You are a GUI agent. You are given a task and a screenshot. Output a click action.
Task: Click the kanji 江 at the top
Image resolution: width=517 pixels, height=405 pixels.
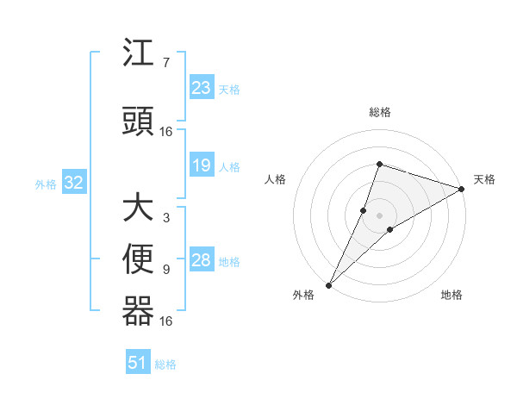click(x=138, y=54)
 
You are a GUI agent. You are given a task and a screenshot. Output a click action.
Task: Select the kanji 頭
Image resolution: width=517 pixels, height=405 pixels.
click(x=138, y=121)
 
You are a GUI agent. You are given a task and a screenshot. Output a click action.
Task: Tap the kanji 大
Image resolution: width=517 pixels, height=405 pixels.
click(x=138, y=209)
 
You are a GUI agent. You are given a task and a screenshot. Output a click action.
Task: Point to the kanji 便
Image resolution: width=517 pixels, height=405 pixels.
click(x=138, y=259)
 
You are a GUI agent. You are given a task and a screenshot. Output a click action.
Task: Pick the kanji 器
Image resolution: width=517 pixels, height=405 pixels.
click(x=138, y=311)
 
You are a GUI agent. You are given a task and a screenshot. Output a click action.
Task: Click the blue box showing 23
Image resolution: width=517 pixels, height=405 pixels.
click(x=202, y=87)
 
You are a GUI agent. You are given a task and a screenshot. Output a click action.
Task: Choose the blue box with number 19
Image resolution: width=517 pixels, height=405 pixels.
click(x=202, y=166)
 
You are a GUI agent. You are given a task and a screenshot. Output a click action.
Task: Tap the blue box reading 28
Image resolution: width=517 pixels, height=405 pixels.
click(x=202, y=261)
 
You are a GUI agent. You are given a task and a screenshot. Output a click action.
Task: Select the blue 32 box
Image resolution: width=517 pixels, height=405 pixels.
click(x=73, y=183)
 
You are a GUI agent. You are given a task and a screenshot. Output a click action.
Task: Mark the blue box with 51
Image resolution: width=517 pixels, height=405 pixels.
click(x=138, y=363)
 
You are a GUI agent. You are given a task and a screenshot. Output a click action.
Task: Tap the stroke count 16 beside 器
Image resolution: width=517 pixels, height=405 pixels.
click(x=166, y=321)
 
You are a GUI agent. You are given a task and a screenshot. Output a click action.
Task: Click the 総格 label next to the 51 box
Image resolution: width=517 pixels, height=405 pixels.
click(x=165, y=364)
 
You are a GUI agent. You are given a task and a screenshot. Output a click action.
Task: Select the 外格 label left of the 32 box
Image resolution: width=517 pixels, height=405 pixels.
click(x=46, y=184)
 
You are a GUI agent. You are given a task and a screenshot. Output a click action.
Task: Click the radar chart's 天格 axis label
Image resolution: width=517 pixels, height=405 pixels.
click(x=484, y=179)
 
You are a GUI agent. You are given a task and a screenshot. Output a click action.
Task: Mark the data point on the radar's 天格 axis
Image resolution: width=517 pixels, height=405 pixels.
click(x=461, y=189)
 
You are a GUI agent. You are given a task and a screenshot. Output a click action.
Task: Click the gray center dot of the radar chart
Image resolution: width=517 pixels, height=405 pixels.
click(x=379, y=215)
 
